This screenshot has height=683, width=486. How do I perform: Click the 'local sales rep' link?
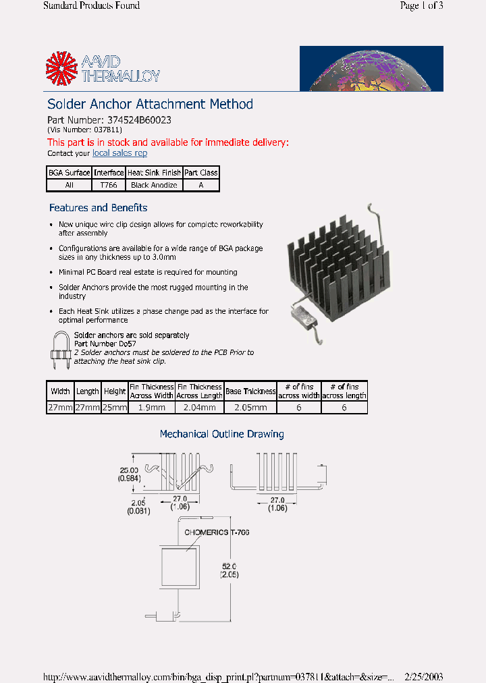[119, 153]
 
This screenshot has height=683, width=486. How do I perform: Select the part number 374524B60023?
[140, 119]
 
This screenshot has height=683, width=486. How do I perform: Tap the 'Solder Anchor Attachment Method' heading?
[150, 104]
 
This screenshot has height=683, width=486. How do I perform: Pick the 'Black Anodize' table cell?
[154, 185]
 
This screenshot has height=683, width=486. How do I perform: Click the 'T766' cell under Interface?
[109, 185]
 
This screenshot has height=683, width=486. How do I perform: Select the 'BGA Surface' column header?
[69, 173]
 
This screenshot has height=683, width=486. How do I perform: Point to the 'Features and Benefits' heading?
[98, 208]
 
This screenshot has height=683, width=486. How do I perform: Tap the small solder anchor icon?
[61, 350]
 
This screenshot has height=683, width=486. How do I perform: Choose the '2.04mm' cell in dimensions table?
[200, 408]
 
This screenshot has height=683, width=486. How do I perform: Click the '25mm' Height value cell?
[115, 408]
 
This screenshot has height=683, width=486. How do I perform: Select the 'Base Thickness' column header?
[250, 391]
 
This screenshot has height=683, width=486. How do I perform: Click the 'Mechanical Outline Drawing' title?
[221, 434]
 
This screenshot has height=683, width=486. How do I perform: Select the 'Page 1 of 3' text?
[421, 6]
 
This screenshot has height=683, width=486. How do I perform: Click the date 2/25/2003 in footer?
[423, 676]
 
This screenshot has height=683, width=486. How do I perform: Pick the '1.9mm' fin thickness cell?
[152, 408]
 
